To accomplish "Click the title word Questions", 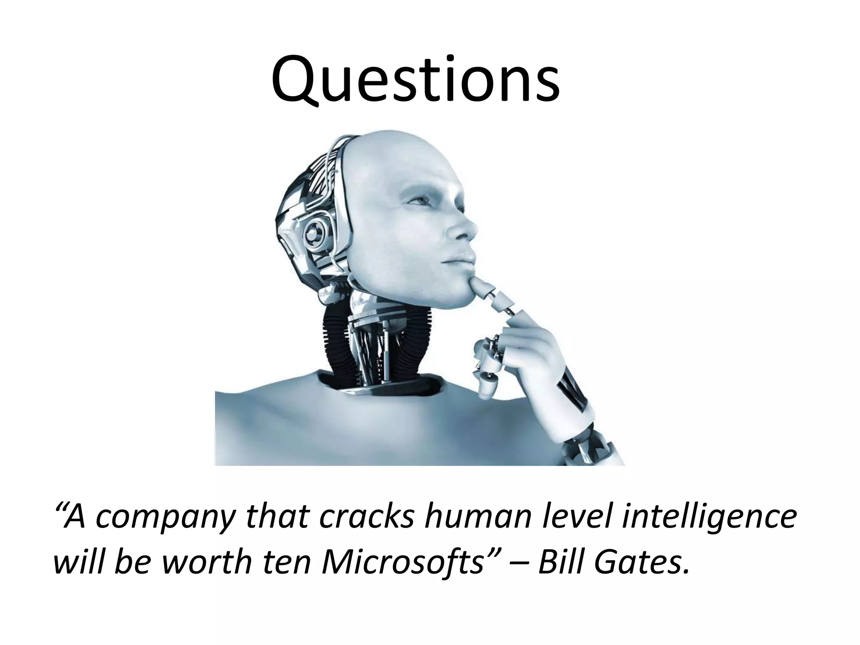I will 415,80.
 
